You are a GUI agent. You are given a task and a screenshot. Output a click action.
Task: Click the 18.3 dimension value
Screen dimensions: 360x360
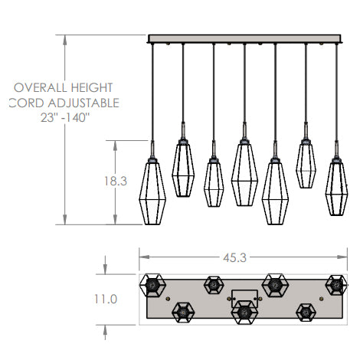click(x=116, y=181)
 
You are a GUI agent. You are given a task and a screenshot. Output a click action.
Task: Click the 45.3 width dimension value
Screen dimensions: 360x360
click(x=234, y=258)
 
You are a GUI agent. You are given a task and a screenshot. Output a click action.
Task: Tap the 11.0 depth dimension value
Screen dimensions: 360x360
click(x=106, y=299)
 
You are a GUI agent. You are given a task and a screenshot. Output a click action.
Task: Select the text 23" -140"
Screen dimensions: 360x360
click(x=65, y=118)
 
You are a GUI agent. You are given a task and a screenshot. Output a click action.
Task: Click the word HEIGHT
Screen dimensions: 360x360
click(x=92, y=87)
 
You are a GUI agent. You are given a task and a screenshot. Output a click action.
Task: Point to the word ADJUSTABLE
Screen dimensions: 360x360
click(x=83, y=103)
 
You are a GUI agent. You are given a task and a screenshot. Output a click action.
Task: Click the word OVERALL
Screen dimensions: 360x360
click(x=41, y=87)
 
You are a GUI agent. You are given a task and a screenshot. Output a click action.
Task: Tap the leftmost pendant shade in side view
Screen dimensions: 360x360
click(x=152, y=191)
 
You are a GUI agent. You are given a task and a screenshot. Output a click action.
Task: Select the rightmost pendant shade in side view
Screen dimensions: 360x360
click(x=336, y=188)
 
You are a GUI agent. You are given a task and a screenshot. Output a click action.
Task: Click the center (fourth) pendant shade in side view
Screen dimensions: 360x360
click(x=244, y=174)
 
